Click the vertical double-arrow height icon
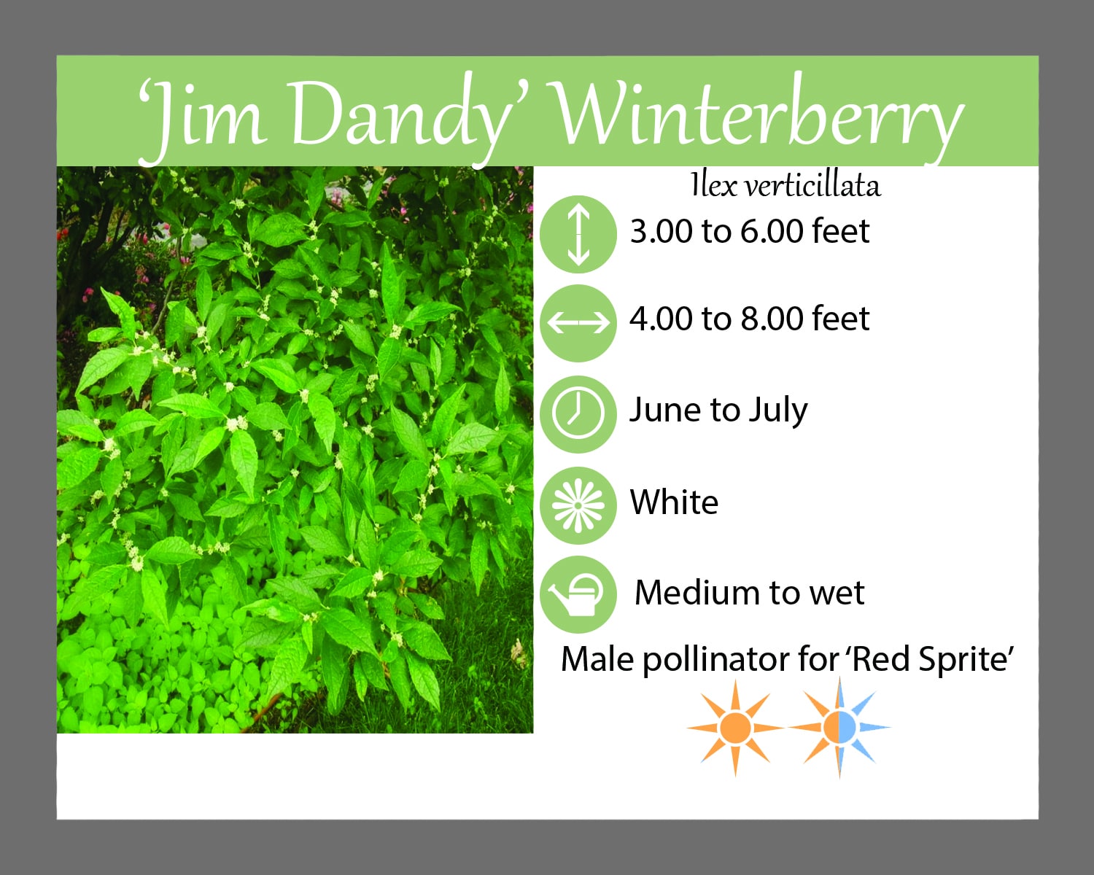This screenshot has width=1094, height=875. tap(578, 234)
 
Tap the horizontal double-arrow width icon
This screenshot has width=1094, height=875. tap(578, 323)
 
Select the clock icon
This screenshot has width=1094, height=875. tap(578, 414)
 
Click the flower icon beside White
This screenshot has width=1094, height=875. tap(578, 505)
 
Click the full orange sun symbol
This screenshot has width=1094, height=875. tap(735, 728)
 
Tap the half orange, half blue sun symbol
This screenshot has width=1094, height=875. tap(839, 728)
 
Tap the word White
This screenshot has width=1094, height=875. tap(674, 502)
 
